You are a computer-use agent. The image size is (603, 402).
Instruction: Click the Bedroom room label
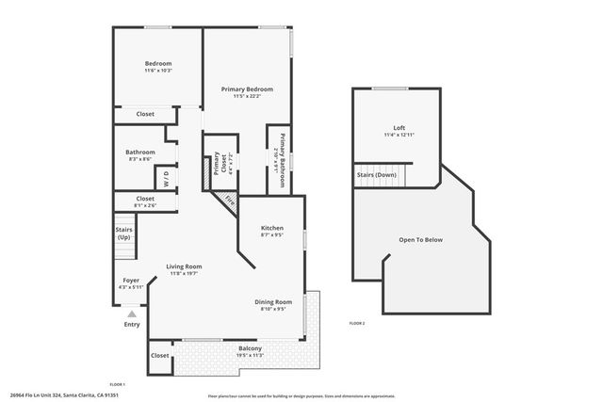[x=157, y=63]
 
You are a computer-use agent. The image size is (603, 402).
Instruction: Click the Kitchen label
[x=271, y=228]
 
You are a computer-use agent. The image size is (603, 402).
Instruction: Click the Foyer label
[x=131, y=280]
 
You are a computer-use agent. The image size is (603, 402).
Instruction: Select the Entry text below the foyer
[x=131, y=325]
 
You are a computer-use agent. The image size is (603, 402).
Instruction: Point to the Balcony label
[x=250, y=348]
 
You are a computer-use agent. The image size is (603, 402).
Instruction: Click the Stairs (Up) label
[x=123, y=233]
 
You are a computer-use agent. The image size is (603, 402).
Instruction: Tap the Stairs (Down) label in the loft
[x=376, y=175]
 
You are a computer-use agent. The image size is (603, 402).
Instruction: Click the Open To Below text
[x=420, y=239]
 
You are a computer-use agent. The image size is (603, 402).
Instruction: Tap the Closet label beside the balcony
[x=160, y=356]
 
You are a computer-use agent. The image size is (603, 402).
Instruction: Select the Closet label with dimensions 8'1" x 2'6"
[x=145, y=199]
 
